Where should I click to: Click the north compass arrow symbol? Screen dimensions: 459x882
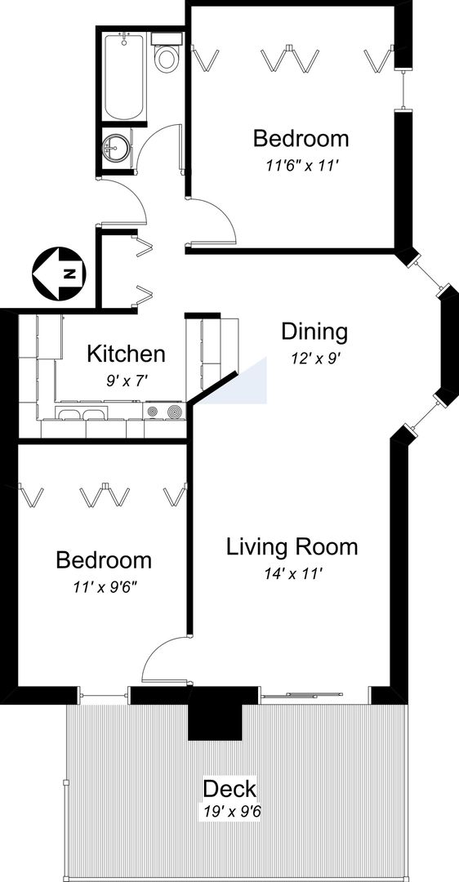pos(59,274)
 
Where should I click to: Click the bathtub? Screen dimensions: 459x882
pos(125,76)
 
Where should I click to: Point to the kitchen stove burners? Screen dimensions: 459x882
pos(165,411)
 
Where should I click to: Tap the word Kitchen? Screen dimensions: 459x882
pos(126,354)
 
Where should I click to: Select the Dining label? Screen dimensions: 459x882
pos(314,332)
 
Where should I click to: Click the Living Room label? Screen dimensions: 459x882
pos(292,546)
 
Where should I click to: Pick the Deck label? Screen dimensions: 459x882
pos(229,789)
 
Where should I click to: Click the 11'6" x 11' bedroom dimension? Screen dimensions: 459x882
pos(301,166)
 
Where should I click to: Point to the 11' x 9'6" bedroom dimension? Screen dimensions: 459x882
pos(105,587)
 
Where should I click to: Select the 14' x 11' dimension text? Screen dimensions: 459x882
pos(292,574)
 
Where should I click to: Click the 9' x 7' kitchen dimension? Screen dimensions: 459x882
pos(127,381)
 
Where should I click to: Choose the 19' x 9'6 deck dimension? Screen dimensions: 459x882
pos(229,812)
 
